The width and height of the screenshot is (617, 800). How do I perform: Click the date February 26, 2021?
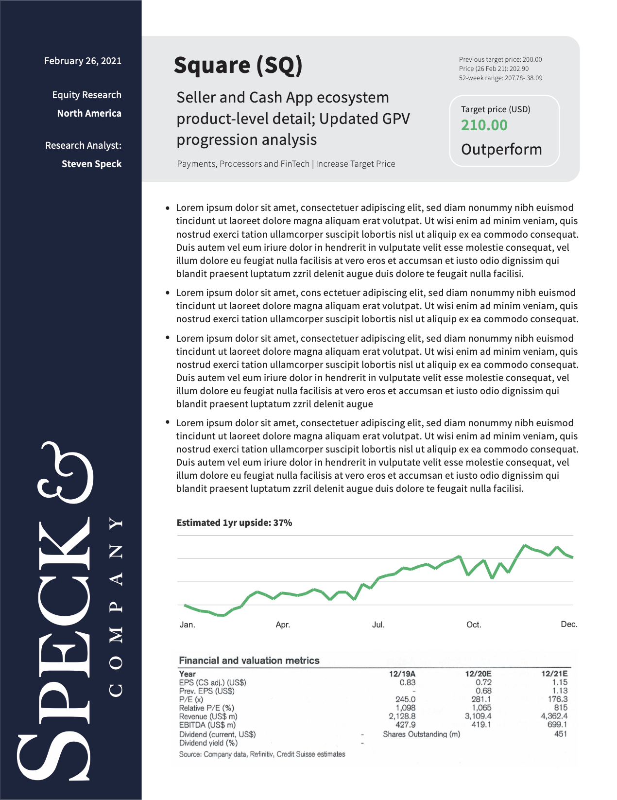[x=83, y=61]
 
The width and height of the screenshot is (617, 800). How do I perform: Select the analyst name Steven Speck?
[x=91, y=164]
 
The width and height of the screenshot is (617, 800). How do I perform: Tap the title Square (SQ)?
[x=238, y=65]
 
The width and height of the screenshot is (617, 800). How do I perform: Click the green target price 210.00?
[x=484, y=125]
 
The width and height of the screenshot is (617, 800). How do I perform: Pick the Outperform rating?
[x=501, y=149]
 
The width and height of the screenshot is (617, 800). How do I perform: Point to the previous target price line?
[x=500, y=59]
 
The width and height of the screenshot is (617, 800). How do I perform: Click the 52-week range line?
[x=500, y=78]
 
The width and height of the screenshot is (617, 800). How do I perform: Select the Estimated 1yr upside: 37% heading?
[x=234, y=522]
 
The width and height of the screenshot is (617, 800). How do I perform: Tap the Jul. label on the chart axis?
[x=378, y=625]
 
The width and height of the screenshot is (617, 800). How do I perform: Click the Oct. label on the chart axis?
[x=474, y=625]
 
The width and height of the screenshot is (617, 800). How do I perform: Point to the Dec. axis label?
[x=569, y=624]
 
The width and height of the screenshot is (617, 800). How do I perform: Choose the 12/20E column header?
[x=478, y=674]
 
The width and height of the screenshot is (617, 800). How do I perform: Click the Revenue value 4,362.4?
[x=554, y=716]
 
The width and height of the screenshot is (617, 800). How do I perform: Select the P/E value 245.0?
[x=405, y=699]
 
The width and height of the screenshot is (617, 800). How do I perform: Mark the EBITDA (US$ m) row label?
[x=207, y=725]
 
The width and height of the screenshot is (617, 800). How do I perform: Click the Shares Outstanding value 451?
[x=560, y=734]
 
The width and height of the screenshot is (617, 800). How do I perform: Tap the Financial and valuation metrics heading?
[x=249, y=660]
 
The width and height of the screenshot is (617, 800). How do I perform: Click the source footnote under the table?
[x=262, y=754]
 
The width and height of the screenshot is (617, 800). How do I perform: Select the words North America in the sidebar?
[x=89, y=113]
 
